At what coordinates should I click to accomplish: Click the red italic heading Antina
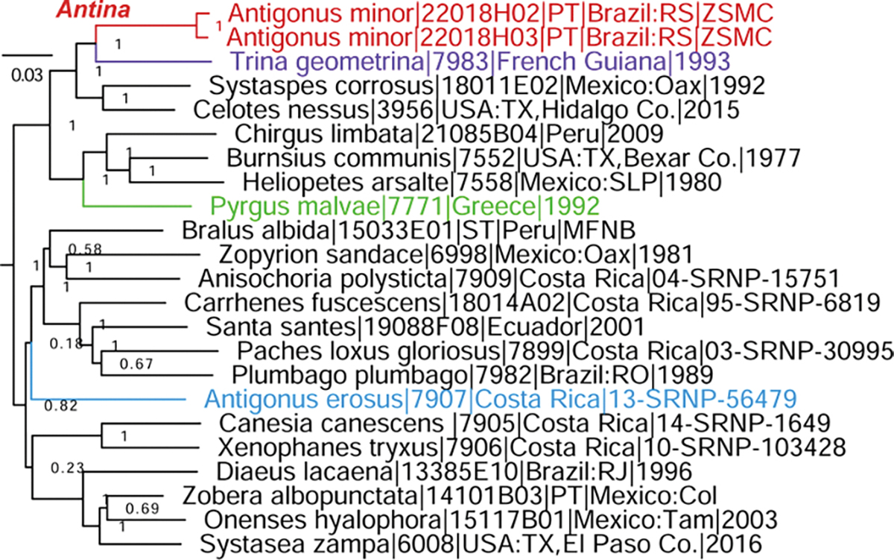coord(98,11)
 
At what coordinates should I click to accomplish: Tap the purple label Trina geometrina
coord(479,61)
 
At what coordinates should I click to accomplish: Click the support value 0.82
coord(59,406)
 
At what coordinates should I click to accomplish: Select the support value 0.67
coord(136,364)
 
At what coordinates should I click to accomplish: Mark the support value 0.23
coord(65,468)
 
